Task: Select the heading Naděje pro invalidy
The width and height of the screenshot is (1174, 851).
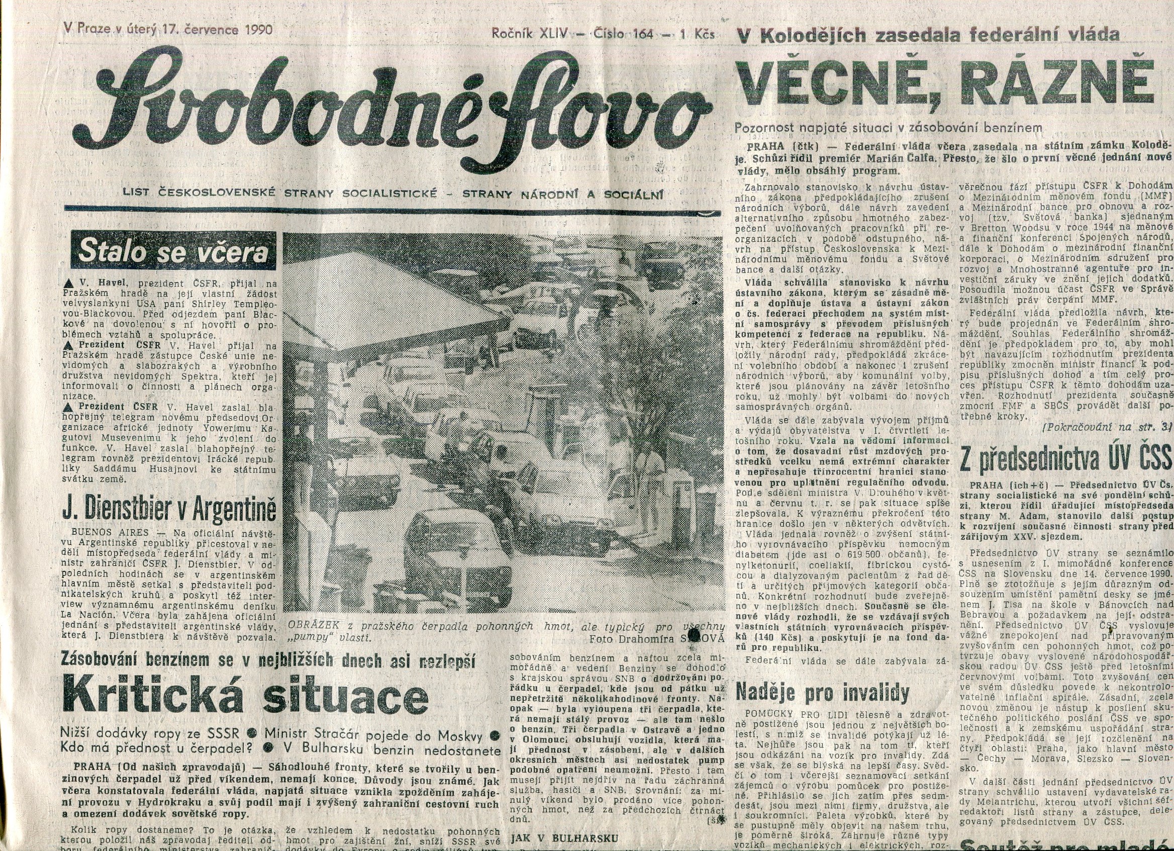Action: coord(823,692)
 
